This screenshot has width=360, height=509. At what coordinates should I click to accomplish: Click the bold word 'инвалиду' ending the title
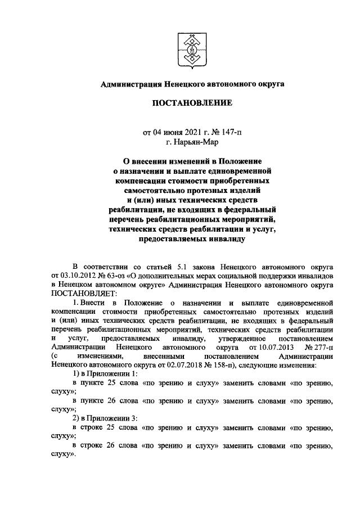[222, 238]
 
